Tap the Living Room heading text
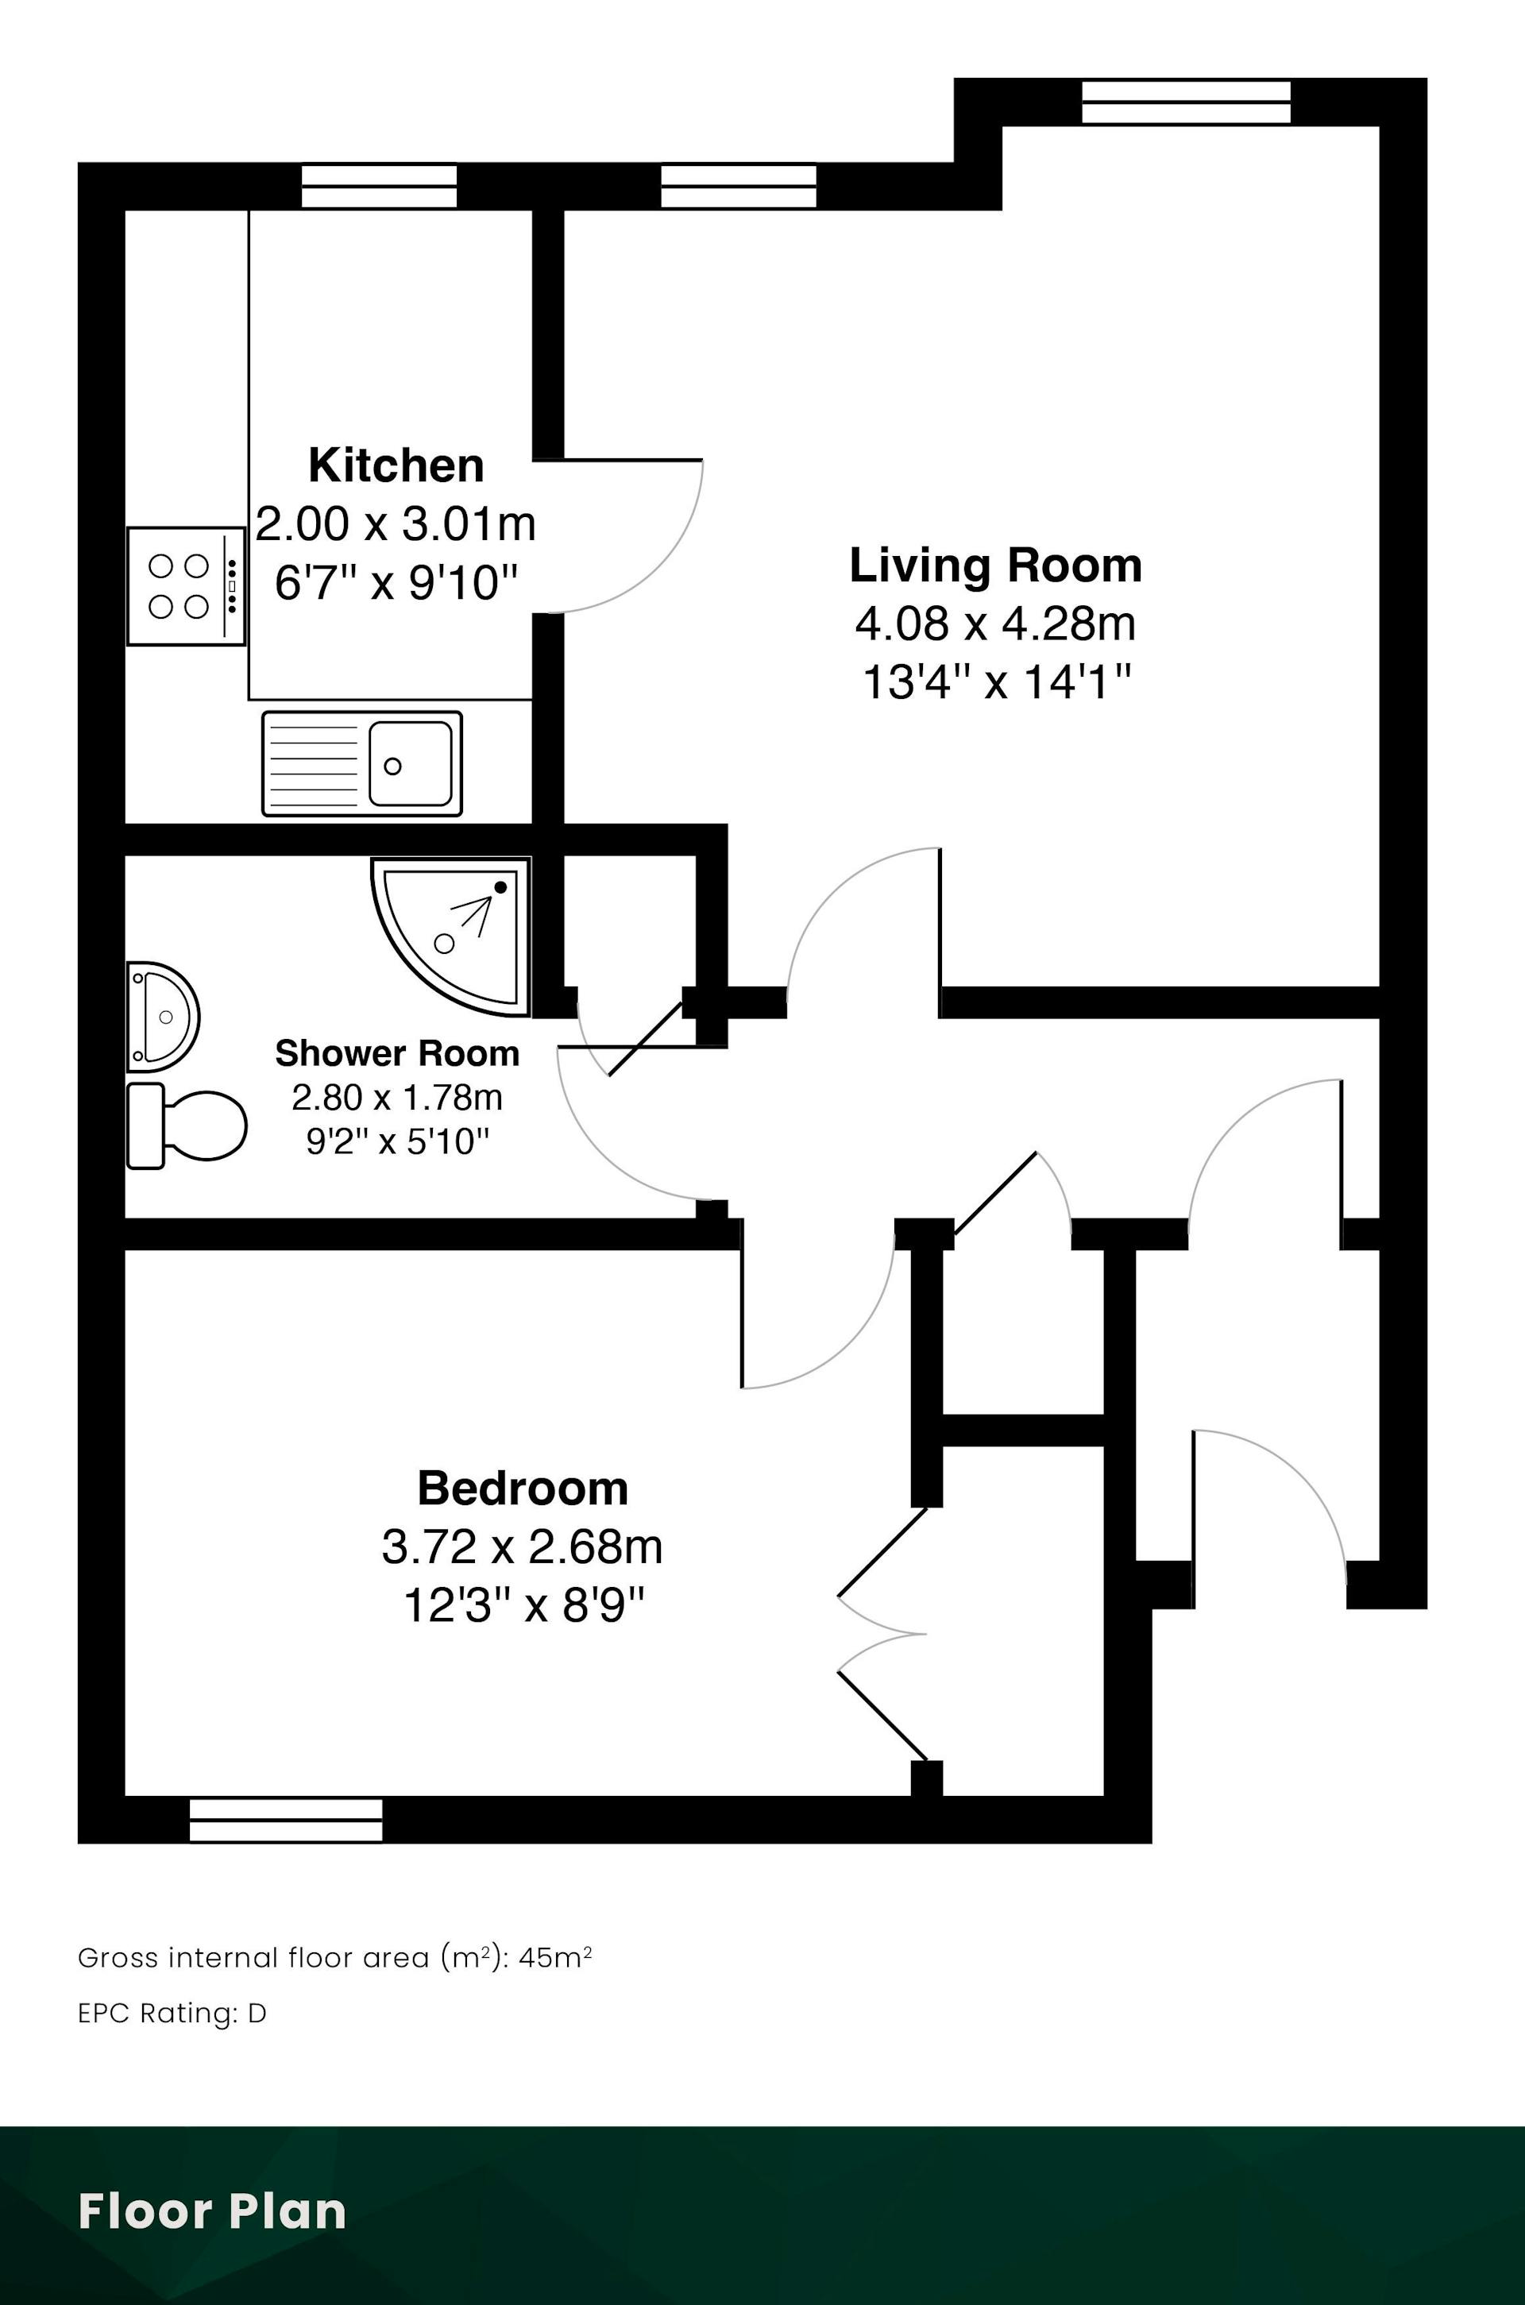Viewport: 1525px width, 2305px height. (x=995, y=565)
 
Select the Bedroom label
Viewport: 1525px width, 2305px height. (x=523, y=1488)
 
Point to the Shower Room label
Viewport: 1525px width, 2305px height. (x=397, y=1053)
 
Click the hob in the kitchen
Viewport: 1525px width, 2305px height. (x=186, y=585)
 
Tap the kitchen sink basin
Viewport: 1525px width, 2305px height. (x=410, y=763)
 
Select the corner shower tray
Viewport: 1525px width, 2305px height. (x=450, y=936)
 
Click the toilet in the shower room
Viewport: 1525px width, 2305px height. (x=186, y=1126)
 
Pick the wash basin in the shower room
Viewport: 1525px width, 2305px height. (x=162, y=1017)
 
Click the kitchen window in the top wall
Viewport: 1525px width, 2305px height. (x=378, y=186)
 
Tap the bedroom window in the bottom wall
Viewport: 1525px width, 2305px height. (x=286, y=1820)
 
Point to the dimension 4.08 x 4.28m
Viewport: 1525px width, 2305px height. (x=995, y=624)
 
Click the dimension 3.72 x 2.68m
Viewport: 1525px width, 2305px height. (x=523, y=1547)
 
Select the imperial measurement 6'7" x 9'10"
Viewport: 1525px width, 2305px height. (x=396, y=584)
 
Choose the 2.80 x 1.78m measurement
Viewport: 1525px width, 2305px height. (x=397, y=1097)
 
